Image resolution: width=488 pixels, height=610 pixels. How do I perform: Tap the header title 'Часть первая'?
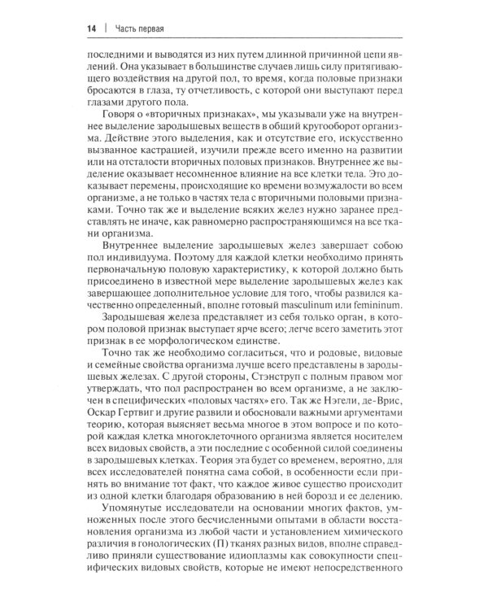[129, 28]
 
